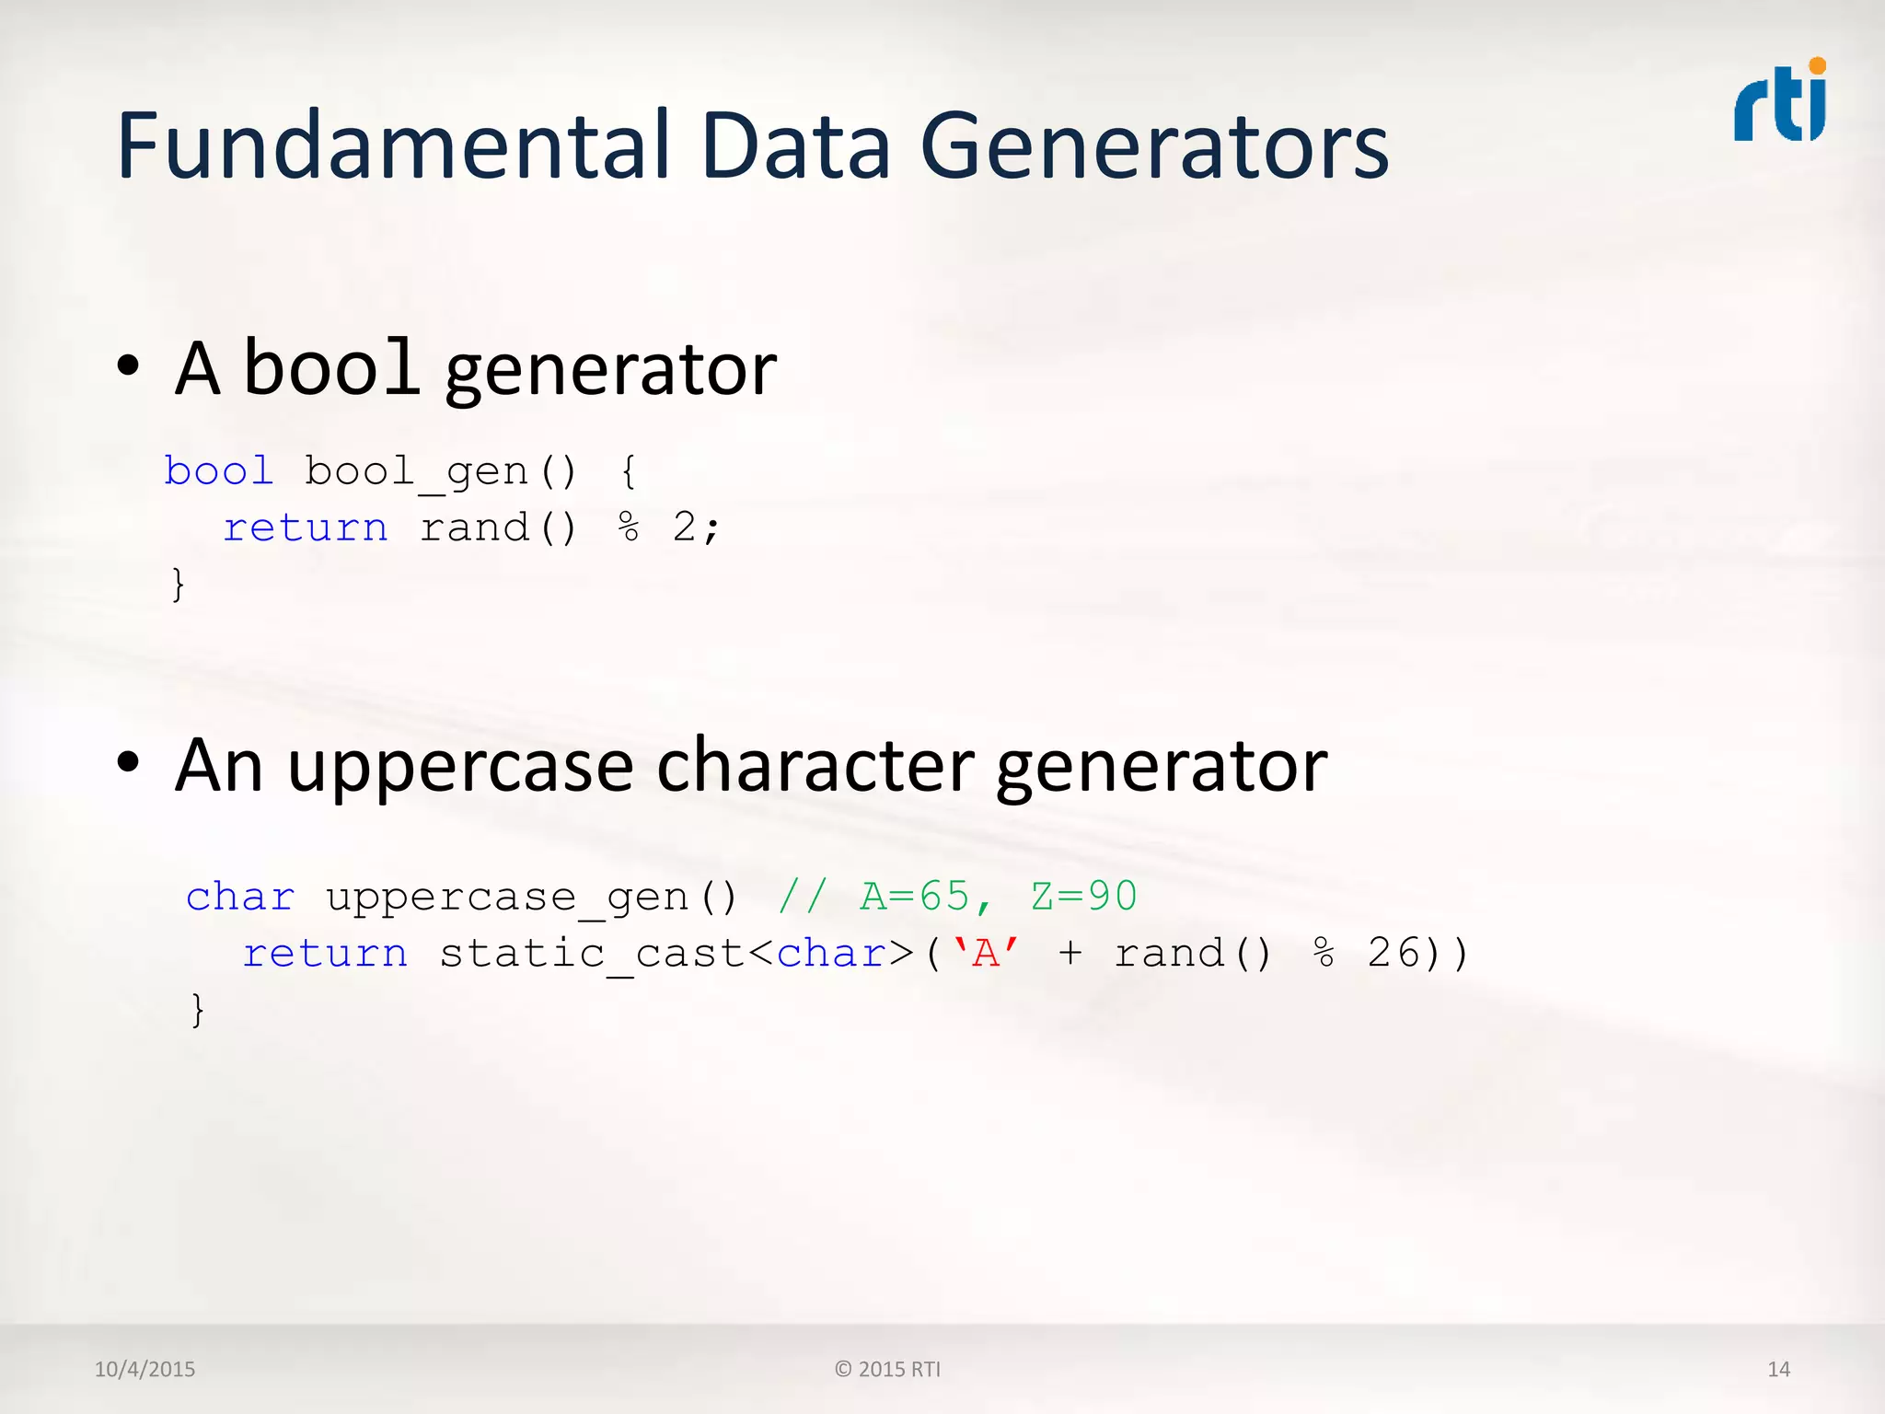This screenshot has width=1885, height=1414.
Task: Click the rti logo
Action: pos(1780,101)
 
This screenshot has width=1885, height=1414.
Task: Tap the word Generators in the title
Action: pos(1154,146)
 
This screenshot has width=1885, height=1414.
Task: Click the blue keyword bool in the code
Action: pos(219,471)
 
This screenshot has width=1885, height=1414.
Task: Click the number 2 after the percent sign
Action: pos(684,527)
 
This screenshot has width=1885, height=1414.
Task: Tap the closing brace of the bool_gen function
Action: pos(178,584)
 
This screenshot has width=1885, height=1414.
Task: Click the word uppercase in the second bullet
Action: pos(460,767)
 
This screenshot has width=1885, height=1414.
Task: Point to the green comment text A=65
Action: pos(914,897)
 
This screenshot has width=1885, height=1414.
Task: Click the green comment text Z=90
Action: pos(1083,897)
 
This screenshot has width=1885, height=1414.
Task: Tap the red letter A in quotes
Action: pos(986,954)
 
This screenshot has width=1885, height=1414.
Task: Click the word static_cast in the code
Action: pos(592,955)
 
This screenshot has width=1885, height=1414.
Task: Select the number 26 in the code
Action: pos(1394,954)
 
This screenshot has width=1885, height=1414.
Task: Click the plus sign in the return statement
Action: pos(1070,955)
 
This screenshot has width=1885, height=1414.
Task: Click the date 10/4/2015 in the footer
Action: pos(145,1369)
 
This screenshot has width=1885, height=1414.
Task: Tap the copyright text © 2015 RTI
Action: pos(887,1369)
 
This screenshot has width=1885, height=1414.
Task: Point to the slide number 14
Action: pos(1778,1369)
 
